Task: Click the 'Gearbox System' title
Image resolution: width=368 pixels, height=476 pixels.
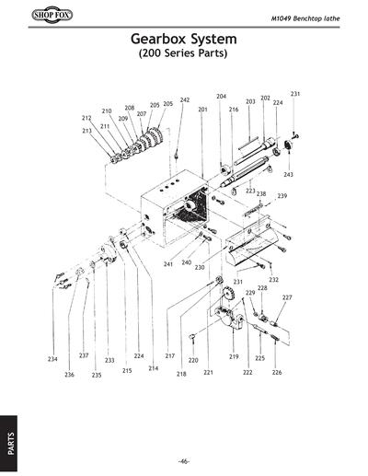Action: click(x=184, y=41)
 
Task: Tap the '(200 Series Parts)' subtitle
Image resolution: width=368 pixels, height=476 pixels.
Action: click(x=184, y=54)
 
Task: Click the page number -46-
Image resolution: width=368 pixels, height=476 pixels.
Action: click(x=184, y=460)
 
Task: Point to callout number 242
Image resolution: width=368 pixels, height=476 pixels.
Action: click(x=185, y=99)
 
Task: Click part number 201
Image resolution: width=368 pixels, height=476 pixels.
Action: click(x=202, y=110)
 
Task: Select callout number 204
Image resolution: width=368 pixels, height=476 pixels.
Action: click(x=221, y=96)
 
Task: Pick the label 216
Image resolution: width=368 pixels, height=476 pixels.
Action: click(x=234, y=110)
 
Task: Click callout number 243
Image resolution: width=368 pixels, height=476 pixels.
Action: click(x=288, y=174)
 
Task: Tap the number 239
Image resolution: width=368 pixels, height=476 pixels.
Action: click(x=282, y=196)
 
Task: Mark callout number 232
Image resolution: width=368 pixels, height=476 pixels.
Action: click(x=273, y=279)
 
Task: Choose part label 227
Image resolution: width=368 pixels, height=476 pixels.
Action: click(x=287, y=297)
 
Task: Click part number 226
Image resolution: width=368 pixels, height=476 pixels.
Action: click(x=277, y=372)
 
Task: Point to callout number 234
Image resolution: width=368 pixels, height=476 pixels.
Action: click(x=53, y=359)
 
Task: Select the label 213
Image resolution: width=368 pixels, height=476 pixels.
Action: click(x=86, y=132)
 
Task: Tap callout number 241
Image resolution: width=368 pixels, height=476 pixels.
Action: click(x=168, y=264)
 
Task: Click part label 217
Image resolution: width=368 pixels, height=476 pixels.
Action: click(x=170, y=355)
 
